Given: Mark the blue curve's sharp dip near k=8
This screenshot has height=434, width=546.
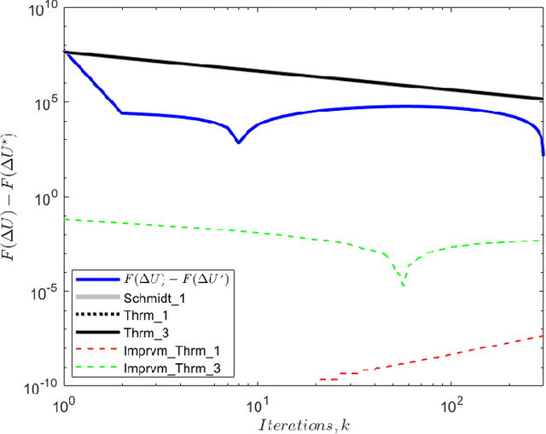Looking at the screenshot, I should click(x=239, y=142).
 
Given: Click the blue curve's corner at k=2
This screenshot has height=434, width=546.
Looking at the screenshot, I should click(x=122, y=113).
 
